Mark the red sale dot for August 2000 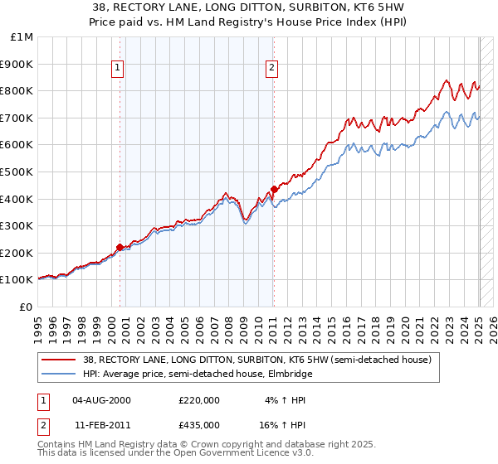pos(120,247)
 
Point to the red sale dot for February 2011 pos(274,189)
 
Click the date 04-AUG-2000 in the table pos(101,399)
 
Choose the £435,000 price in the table pos(198,424)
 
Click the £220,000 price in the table pos(198,399)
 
